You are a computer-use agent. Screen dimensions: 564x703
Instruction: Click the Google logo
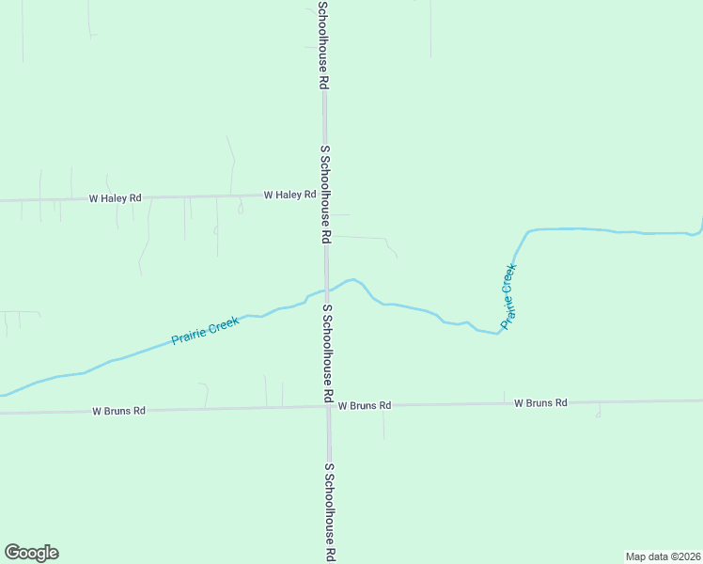tap(31, 553)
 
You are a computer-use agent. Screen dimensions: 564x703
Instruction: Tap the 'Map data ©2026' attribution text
tap(663, 556)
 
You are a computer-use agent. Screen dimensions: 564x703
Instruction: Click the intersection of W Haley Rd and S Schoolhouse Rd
tap(325, 196)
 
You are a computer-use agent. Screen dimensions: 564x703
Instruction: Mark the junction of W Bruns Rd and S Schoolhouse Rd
tap(328, 406)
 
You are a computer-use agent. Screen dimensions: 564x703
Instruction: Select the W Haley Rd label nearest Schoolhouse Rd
tap(289, 196)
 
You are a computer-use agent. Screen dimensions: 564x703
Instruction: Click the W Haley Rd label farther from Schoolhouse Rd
tap(115, 198)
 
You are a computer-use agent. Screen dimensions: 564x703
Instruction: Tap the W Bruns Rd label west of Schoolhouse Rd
tap(118, 411)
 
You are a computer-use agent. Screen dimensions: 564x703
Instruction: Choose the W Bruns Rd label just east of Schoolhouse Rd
tap(365, 405)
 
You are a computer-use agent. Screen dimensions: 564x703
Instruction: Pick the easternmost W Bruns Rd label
tap(540, 402)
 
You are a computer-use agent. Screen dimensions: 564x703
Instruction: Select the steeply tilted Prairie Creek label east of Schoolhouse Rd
tap(508, 295)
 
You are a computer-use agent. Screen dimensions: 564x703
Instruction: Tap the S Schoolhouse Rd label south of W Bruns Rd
tap(330, 512)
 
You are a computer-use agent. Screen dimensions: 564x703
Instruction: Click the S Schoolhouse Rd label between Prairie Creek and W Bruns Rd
tap(328, 353)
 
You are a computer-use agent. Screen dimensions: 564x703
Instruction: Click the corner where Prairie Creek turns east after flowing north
tap(529, 231)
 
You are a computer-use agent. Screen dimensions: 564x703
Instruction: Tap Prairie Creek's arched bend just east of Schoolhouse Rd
tap(353, 279)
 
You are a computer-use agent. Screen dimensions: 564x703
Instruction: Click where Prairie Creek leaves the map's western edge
tap(3, 395)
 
